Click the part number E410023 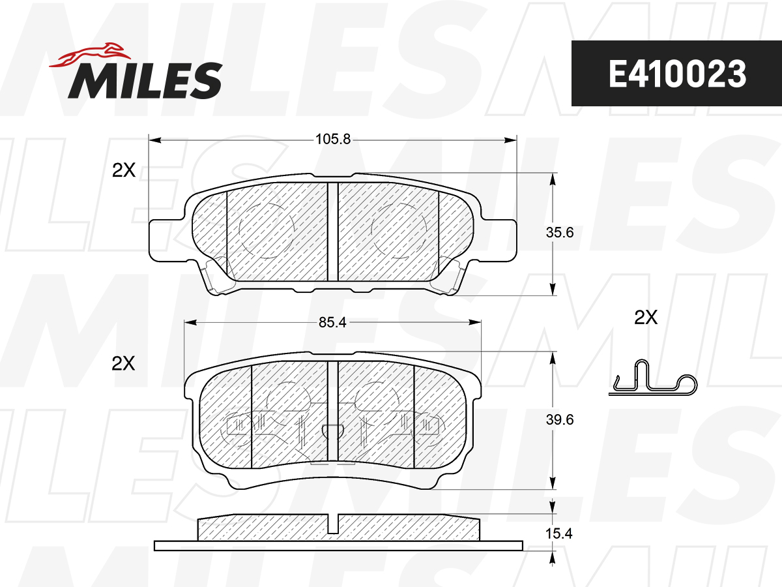(677, 74)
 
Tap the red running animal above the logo (90, 55)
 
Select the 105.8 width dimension (333, 139)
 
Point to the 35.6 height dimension (560, 232)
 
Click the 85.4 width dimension (332, 323)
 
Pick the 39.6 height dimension (560, 419)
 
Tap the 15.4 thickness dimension (558, 534)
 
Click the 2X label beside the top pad (124, 170)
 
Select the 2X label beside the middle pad (123, 363)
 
